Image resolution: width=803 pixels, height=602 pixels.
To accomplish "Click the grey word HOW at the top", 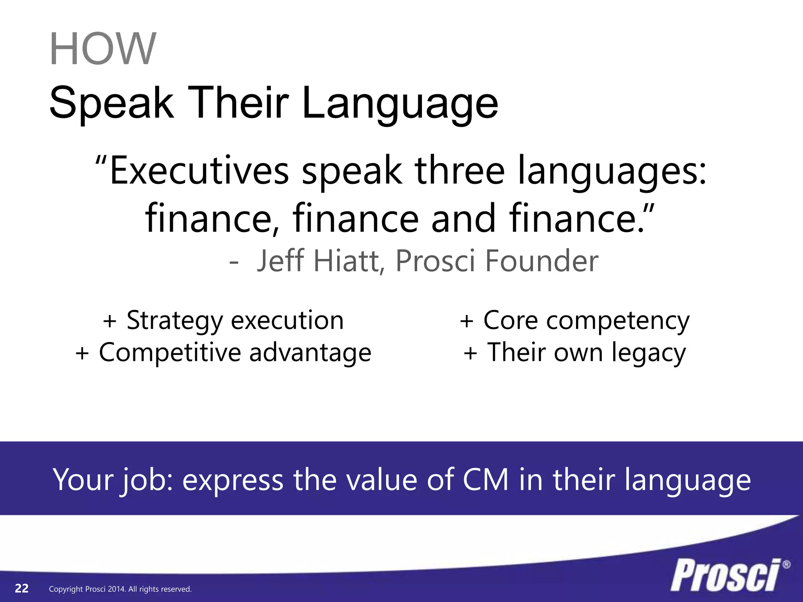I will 103,49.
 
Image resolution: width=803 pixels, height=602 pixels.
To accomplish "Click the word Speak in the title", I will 111,103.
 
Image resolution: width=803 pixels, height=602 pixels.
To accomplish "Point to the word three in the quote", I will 460,171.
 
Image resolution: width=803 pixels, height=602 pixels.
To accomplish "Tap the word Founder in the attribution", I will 542,261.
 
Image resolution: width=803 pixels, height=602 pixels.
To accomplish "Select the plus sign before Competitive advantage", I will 82,353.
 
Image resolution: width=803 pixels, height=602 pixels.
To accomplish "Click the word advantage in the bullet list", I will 310,353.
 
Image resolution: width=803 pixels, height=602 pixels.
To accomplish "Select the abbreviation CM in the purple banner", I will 485,479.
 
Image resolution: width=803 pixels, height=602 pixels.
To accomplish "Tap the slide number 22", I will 22,588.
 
